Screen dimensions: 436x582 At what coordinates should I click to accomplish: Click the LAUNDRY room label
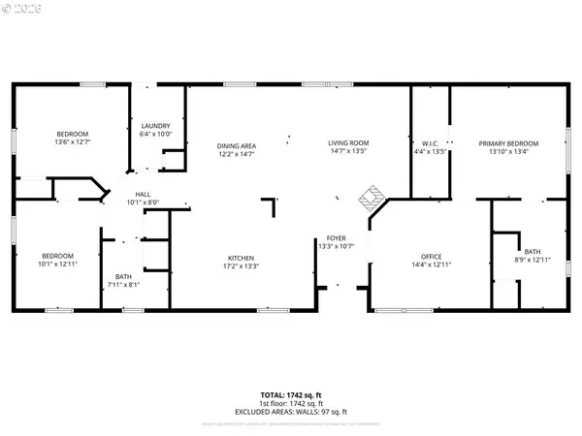coord(155,126)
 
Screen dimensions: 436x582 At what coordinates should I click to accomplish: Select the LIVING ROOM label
coord(348,142)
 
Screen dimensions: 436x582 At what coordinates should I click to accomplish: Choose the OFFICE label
coord(431,257)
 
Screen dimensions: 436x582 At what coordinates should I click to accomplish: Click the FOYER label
coord(336,237)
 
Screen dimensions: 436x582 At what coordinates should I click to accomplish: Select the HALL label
coord(143,195)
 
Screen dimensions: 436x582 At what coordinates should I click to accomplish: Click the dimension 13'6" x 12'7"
coord(73,141)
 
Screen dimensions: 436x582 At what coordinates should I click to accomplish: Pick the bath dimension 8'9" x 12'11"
coord(533,260)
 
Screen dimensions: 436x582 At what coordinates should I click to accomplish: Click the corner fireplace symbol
coord(370,199)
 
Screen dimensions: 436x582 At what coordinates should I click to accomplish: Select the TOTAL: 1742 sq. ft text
coord(290,395)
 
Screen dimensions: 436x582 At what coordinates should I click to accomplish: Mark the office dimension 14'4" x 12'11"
coord(431,265)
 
